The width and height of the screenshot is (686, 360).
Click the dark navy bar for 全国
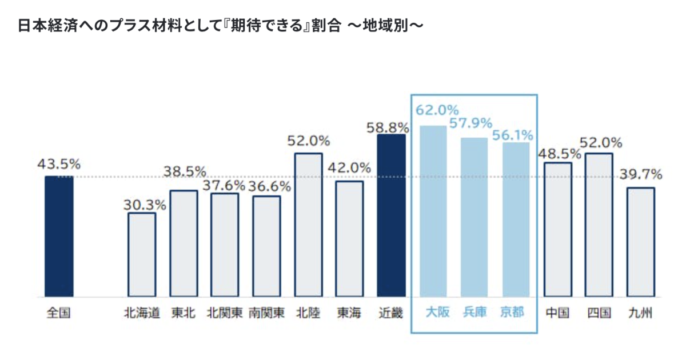(59, 237)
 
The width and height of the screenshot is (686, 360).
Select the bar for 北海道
(141, 255)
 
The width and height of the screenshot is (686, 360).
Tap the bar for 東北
(184, 244)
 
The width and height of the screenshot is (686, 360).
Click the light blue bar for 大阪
(433, 211)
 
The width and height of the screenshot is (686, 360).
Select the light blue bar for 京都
(516, 220)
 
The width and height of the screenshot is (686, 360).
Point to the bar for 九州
(641, 242)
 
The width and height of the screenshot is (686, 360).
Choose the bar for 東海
(349, 239)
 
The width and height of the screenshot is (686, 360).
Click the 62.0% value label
(437, 109)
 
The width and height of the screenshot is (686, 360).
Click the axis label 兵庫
(474, 313)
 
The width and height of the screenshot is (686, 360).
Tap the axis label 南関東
(266, 313)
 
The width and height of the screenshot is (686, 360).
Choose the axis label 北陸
(308, 313)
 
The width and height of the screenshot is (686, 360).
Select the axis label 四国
(599, 313)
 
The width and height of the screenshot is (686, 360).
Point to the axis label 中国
(557, 313)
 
